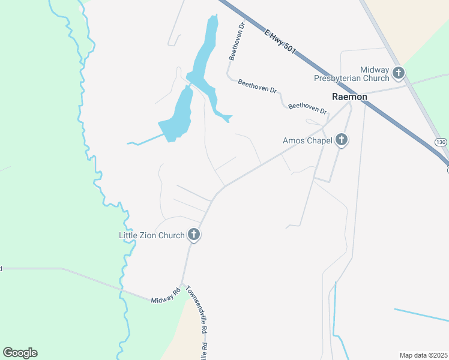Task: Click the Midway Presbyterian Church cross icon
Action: point(399,74)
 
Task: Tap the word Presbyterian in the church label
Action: point(343,79)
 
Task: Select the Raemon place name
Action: point(349,96)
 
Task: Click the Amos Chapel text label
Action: point(307,141)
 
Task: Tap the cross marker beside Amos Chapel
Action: point(341,140)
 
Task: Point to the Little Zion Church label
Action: point(152,235)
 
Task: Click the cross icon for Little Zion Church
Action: point(193,235)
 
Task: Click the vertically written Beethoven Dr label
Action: point(237,42)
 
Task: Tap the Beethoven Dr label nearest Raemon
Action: point(307,109)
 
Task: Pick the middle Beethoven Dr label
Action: point(257,87)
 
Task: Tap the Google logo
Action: point(20,353)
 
